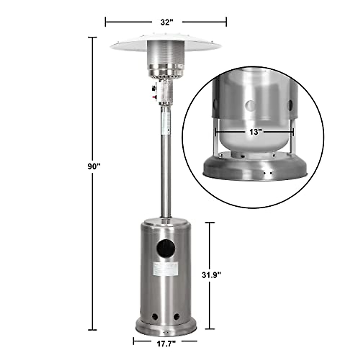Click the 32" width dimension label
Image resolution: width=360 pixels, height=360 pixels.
pos(166,22)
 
